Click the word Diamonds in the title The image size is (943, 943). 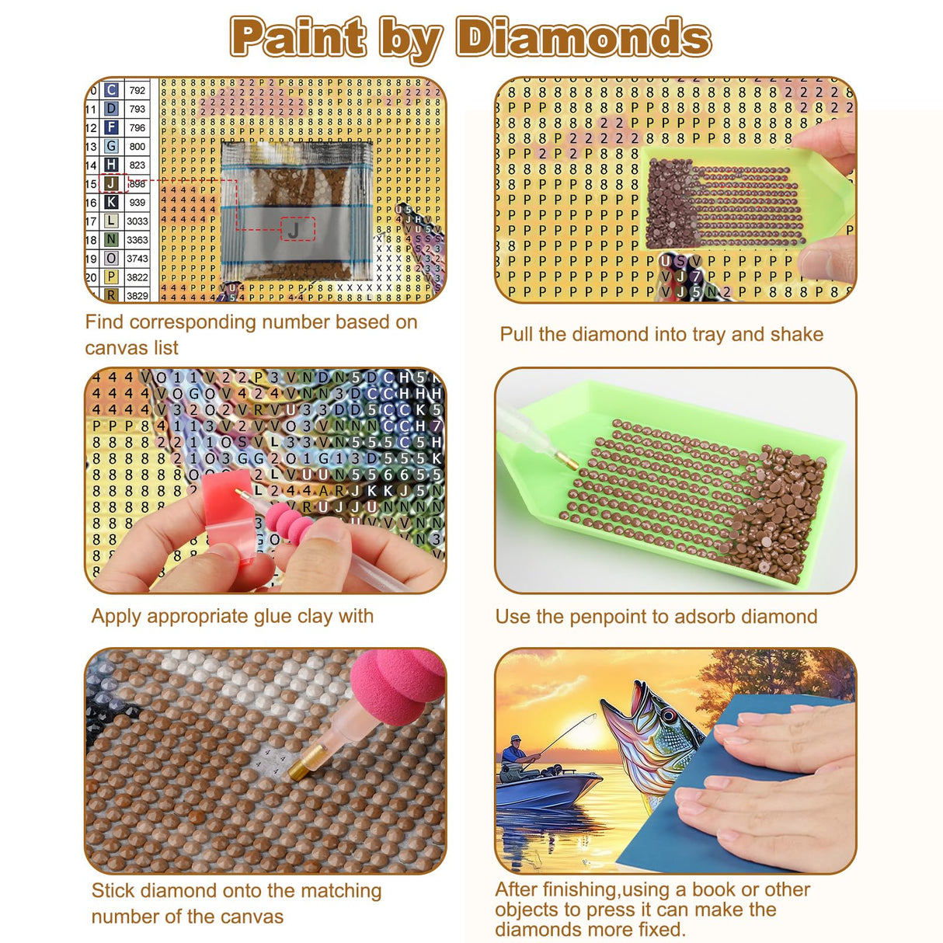click(x=583, y=37)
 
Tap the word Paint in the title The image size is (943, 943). click(x=299, y=37)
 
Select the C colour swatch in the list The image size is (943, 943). click(x=112, y=90)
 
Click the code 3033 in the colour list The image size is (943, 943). click(x=137, y=221)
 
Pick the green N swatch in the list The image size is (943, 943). click(x=112, y=239)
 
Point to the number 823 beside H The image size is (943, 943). click(x=137, y=165)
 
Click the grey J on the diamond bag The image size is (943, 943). click(x=294, y=229)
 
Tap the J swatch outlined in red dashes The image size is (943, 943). click(x=112, y=183)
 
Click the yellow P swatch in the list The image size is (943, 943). click(x=112, y=277)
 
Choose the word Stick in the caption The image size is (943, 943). click(x=113, y=890)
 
